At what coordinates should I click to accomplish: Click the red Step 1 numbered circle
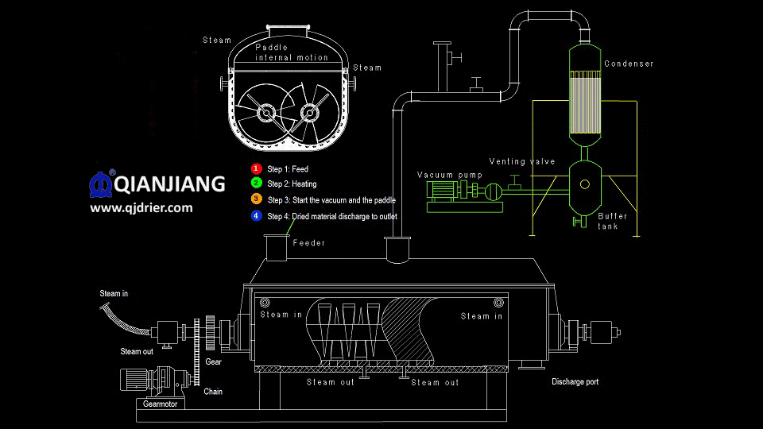256,168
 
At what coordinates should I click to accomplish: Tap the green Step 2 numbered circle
256,184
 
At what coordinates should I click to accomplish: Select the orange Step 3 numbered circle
256,199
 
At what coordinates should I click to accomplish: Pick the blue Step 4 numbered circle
256,215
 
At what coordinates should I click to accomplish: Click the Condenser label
629,64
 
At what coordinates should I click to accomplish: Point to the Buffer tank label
612,221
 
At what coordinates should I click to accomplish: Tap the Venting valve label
521,161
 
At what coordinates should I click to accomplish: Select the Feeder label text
308,243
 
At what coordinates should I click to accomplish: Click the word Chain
213,391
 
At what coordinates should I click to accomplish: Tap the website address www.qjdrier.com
141,208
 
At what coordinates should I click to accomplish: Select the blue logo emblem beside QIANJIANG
101,183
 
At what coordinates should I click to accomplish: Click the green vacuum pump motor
442,190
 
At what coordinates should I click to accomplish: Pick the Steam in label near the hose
114,294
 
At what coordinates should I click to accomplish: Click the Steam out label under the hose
137,351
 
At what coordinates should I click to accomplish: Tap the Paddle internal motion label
291,52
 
